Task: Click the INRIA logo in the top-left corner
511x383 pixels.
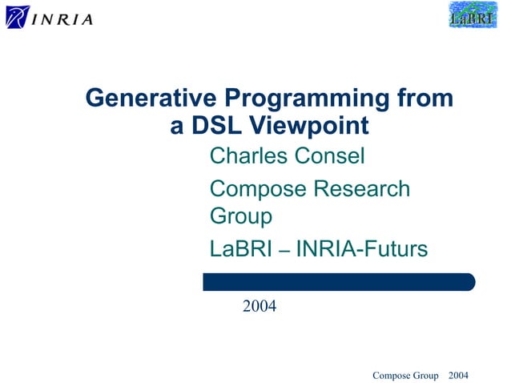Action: tap(50, 17)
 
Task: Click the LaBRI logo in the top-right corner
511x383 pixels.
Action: tap(473, 15)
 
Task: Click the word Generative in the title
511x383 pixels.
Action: tap(151, 99)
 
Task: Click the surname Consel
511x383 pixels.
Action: tap(330, 155)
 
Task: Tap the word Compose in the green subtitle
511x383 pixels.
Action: tap(258, 189)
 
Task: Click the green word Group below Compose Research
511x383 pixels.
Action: tap(240, 216)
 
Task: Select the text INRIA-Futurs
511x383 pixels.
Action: tap(362, 250)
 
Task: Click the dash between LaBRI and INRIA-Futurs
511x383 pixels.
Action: tap(284, 252)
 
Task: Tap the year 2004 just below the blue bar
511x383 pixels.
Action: tap(260, 305)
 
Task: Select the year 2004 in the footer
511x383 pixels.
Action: tap(459, 375)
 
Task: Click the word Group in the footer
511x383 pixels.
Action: tap(427, 375)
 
